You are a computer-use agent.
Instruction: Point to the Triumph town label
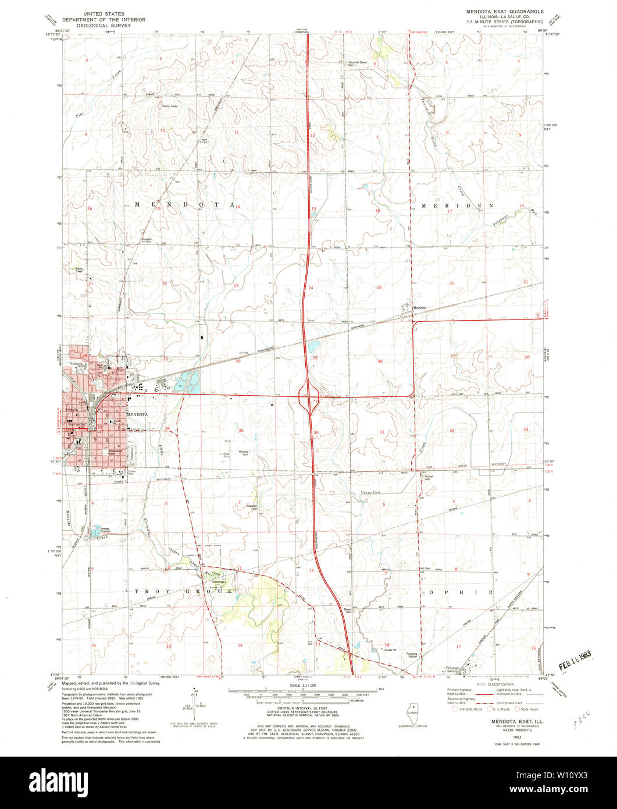[452, 668]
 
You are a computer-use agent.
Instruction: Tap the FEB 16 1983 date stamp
[570, 655]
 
